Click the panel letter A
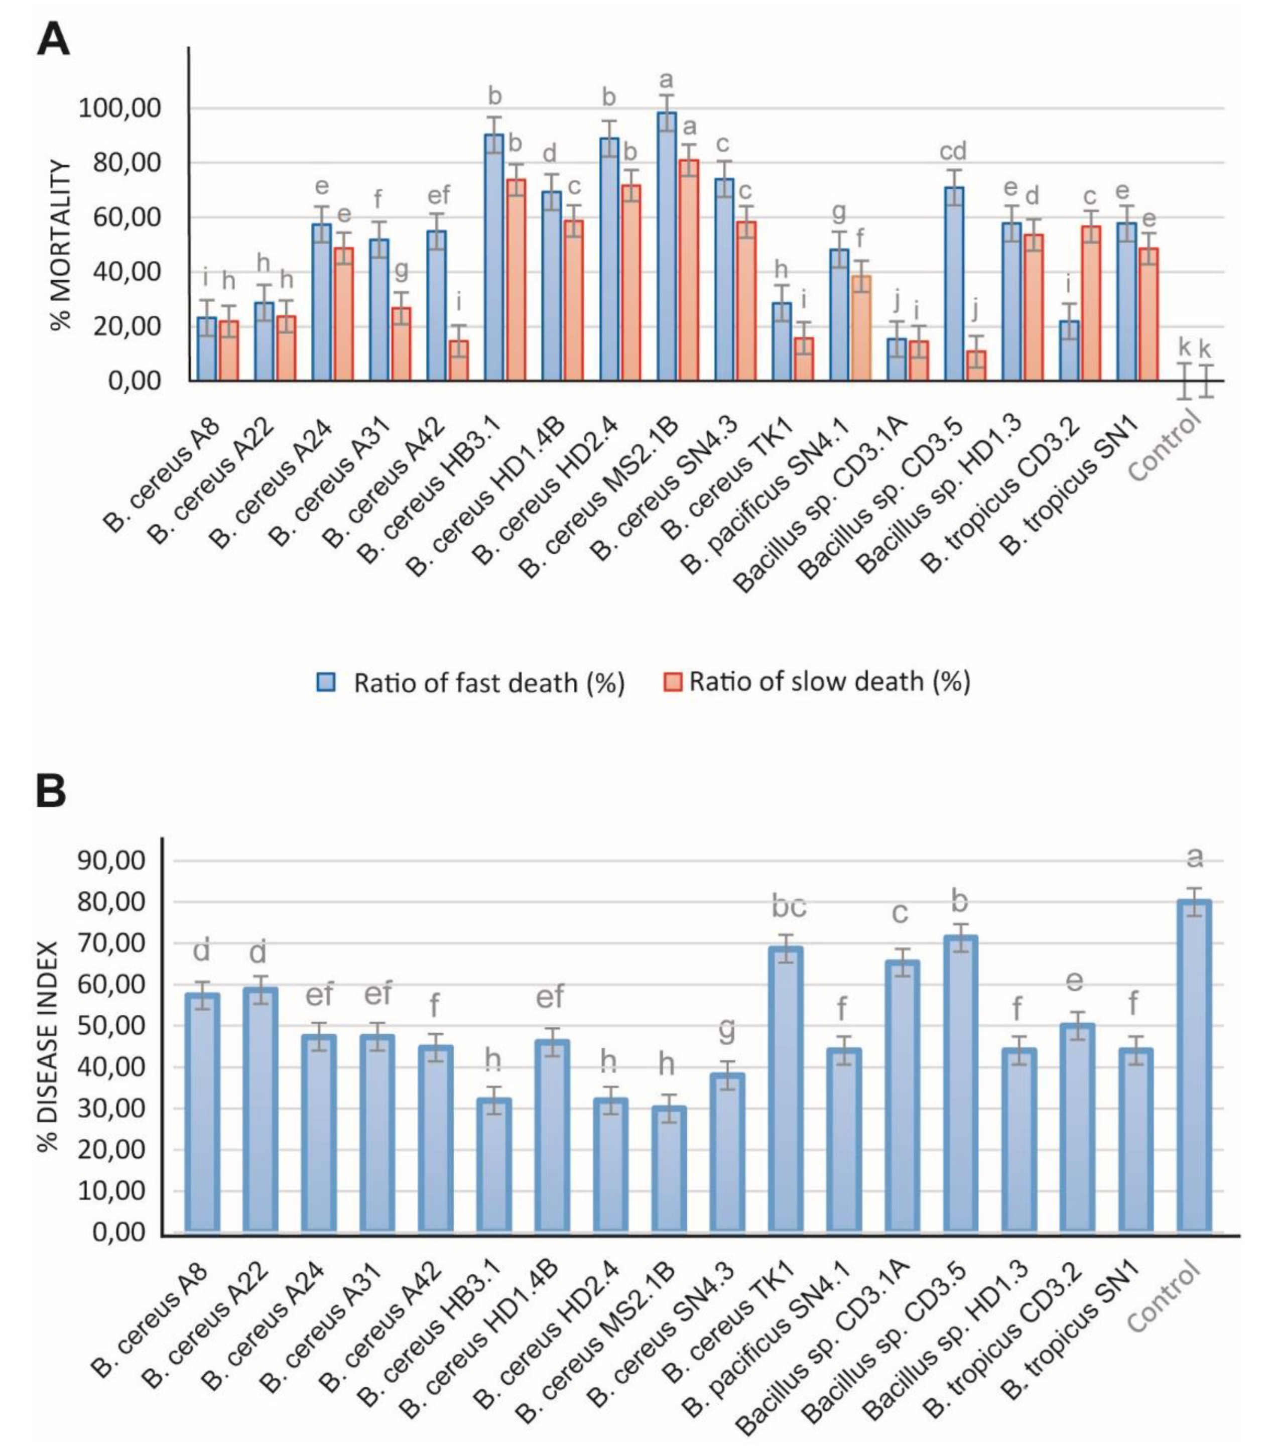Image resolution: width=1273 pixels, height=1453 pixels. click(53, 41)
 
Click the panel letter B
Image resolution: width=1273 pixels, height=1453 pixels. click(51, 791)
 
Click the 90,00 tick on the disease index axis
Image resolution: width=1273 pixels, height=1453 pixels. click(118, 861)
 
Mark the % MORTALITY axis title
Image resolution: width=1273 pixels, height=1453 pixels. click(63, 245)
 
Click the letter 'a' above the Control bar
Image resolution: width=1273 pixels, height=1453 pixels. click(1196, 859)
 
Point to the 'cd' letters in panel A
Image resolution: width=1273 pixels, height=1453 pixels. click(953, 151)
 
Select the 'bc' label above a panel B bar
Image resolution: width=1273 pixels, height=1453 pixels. click(789, 907)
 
